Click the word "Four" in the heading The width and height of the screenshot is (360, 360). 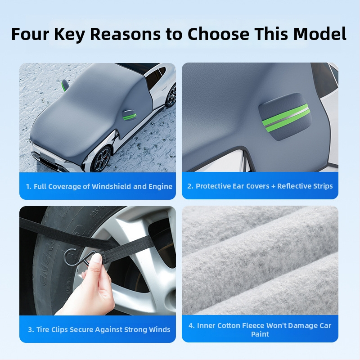click(30, 34)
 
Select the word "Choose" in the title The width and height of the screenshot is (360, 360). click(218, 34)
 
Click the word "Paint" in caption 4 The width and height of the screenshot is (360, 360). click(260, 334)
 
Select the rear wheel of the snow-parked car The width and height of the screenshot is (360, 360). click(171, 96)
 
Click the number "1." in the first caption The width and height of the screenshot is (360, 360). click(29, 186)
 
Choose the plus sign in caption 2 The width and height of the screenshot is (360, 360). click(273, 186)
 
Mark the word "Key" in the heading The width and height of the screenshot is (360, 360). click(69, 35)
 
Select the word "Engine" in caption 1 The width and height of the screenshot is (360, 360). click(161, 187)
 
